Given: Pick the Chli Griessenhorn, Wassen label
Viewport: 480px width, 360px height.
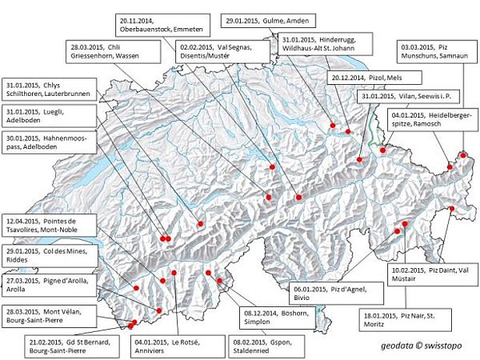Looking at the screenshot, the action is click(111, 53).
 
